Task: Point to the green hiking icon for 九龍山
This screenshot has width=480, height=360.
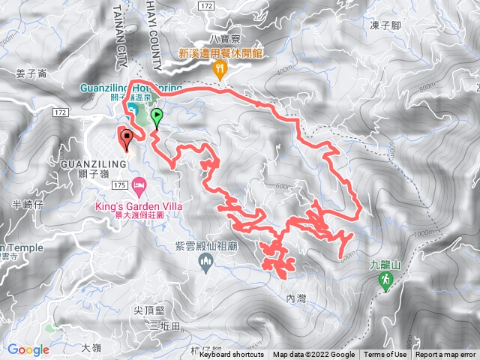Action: coord(385,280)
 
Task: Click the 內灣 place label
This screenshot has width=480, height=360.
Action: coord(297,298)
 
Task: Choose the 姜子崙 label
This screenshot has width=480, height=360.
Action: coord(31,73)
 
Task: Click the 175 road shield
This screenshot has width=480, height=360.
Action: coord(119,184)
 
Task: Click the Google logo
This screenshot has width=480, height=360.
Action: coord(28,349)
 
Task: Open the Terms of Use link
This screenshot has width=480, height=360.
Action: coord(385,355)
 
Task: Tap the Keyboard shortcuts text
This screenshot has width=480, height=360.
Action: coord(232,355)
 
